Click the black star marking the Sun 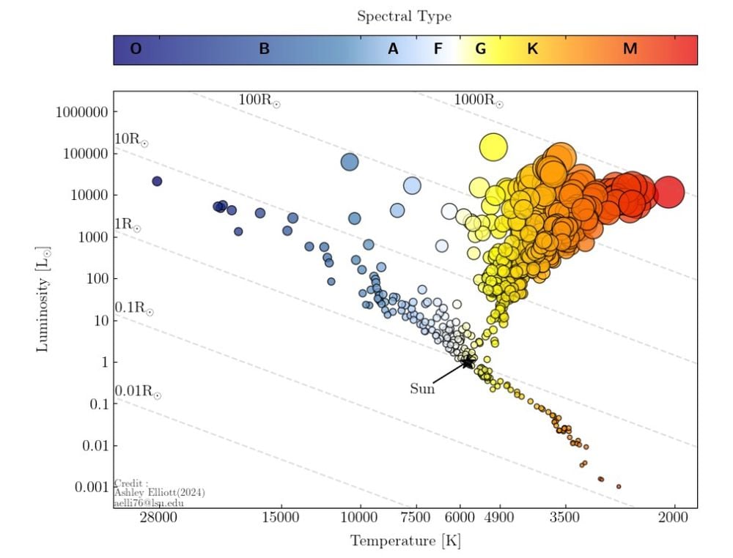coord(468,362)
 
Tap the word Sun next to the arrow coord(422,389)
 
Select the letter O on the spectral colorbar coord(136,49)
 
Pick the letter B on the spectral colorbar coord(265,49)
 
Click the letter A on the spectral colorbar coord(394,49)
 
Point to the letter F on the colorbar coord(438,49)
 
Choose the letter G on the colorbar coord(481,49)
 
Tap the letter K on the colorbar coord(533,49)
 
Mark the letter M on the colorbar coord(630,49)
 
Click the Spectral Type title coord(404,16)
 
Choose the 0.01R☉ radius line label coord(137,392)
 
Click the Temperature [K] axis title coord(405,542)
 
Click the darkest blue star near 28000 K coord(157,181)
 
